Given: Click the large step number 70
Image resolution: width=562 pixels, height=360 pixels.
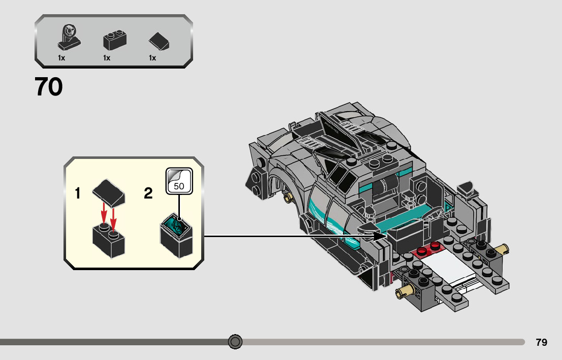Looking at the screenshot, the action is pos(49,87).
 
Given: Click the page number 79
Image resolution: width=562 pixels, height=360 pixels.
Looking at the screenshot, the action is pos(541,342).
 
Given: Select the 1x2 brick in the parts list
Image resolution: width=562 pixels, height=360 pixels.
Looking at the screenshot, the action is pos(114,40).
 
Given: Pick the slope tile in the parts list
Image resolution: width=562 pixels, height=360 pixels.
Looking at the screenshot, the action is pos(159,41).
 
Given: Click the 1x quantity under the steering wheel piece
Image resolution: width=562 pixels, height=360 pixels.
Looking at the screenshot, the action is pos(61,58).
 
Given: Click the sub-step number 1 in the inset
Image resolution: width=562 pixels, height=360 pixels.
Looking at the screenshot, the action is pos(78,193).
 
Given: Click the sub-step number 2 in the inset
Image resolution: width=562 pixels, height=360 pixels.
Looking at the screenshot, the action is pos(148,193).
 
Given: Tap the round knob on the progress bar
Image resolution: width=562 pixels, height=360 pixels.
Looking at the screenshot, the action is pos(235,342).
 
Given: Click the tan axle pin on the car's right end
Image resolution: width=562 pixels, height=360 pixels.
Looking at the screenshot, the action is pos(502,249).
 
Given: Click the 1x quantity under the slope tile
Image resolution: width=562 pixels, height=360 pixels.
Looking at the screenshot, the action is pos(152,58).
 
